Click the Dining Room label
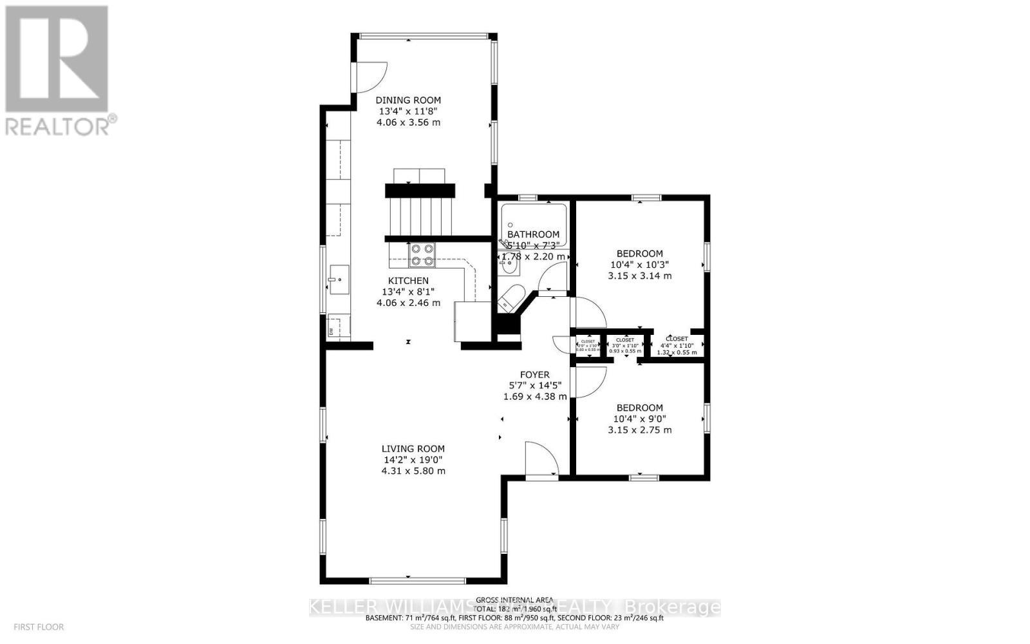(408, 100)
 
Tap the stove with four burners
(422, 254)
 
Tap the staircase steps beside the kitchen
(420, 217)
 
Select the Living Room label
(413, 449)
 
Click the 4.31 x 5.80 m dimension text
(413, 471)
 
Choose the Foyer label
(534, 374)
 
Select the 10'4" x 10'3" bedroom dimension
(640, 265)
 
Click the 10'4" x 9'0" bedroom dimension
(640, 419)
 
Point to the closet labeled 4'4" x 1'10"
(677, 345)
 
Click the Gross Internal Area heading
(514, 600)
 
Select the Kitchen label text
(408, 281)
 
